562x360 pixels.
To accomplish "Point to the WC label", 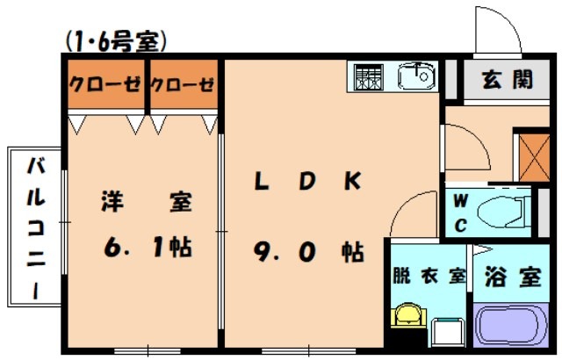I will (460, 211).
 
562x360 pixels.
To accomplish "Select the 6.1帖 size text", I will (146, 248).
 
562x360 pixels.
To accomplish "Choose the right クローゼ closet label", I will (183, 84).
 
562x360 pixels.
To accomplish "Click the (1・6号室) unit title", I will (115, 40).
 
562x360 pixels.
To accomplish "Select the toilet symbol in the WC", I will (505, 212).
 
